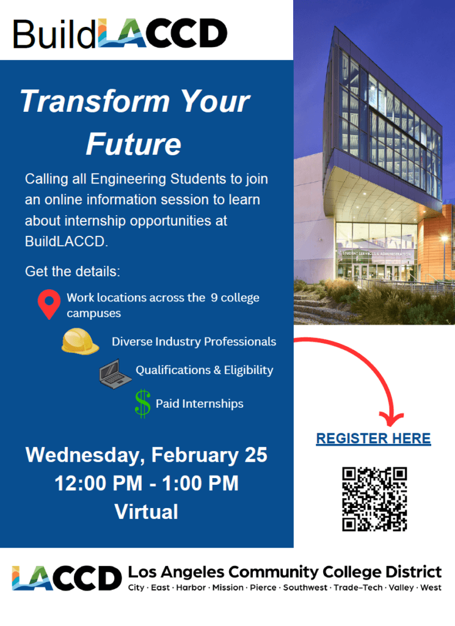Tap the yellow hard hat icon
coord(80,341)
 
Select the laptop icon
coord(115,374)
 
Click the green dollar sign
coord(143,403)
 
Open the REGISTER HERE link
coord(373,438)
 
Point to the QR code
coord(374,499)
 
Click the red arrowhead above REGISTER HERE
coord(391,419)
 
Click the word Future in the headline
coord(134,144)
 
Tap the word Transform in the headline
coord(95,101)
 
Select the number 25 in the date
coord(256,455)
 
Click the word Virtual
coord(147,512)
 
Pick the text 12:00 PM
coord(98,484)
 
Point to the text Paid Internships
coord(199,403)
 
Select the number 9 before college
coord(214,298)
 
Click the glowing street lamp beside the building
coord(444,240)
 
